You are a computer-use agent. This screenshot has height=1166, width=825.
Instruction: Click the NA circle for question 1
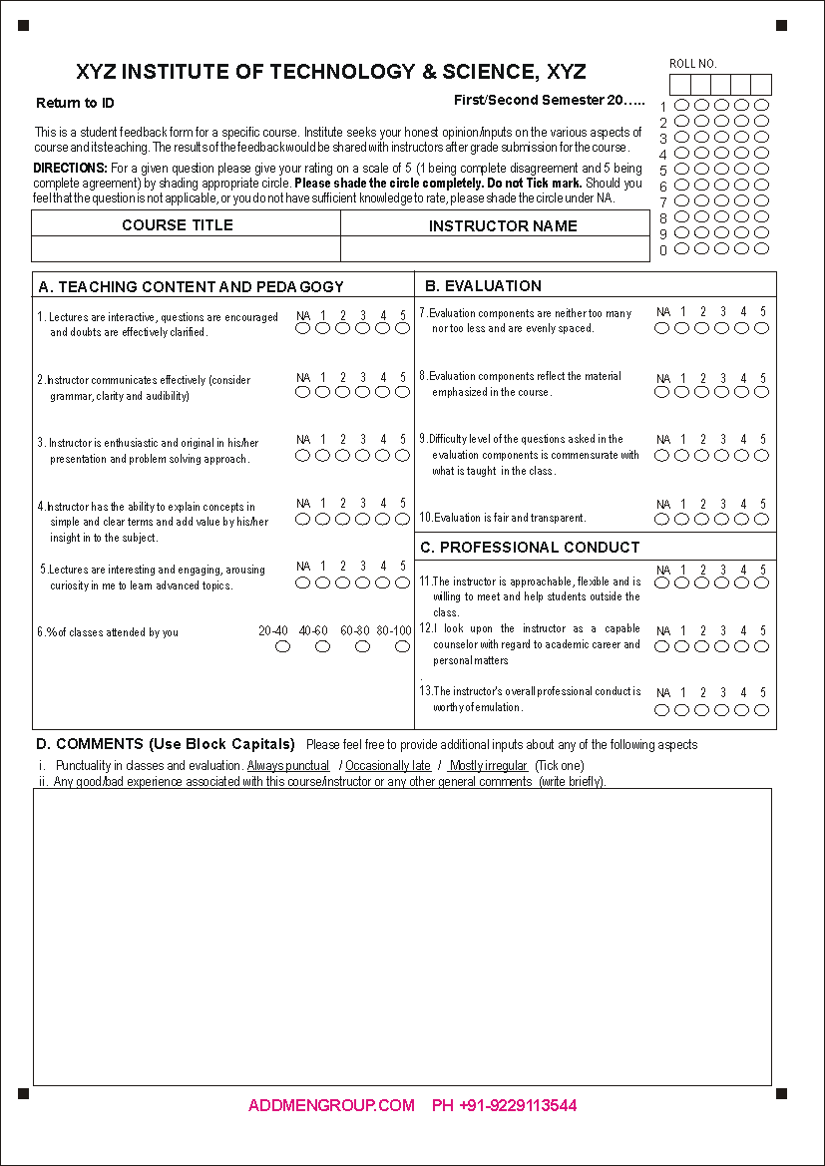point(302,328)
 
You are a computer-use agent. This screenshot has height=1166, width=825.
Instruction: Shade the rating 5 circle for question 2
point(403,392)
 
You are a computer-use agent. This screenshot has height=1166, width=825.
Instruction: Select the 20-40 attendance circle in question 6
point(282,646)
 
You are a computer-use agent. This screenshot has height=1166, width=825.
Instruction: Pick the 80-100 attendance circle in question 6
point(402,646)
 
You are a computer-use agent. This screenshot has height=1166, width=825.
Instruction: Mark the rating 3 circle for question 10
point(722,519)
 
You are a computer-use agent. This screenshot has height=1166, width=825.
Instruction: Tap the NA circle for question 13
point(662,710)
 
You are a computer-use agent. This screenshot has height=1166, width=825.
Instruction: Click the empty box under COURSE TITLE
point(187,249)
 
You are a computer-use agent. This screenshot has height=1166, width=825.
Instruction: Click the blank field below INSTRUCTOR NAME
point(495,249)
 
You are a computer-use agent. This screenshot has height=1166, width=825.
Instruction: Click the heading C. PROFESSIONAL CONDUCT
point(530,548)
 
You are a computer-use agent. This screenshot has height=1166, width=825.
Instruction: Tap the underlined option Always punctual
point(288,766)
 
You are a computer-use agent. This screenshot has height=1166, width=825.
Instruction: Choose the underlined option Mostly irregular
point(488,766)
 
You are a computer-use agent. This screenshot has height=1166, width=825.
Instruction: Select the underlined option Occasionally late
point(388,766)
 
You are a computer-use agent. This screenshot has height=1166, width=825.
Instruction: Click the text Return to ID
point(75,104)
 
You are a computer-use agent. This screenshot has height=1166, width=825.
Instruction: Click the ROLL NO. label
point(693,64)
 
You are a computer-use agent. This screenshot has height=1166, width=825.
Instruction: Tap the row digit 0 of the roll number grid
point(663,251)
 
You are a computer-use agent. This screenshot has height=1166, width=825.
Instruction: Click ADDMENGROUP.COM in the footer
point(331,1105)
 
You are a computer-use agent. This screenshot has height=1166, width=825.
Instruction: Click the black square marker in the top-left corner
point(23,26)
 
